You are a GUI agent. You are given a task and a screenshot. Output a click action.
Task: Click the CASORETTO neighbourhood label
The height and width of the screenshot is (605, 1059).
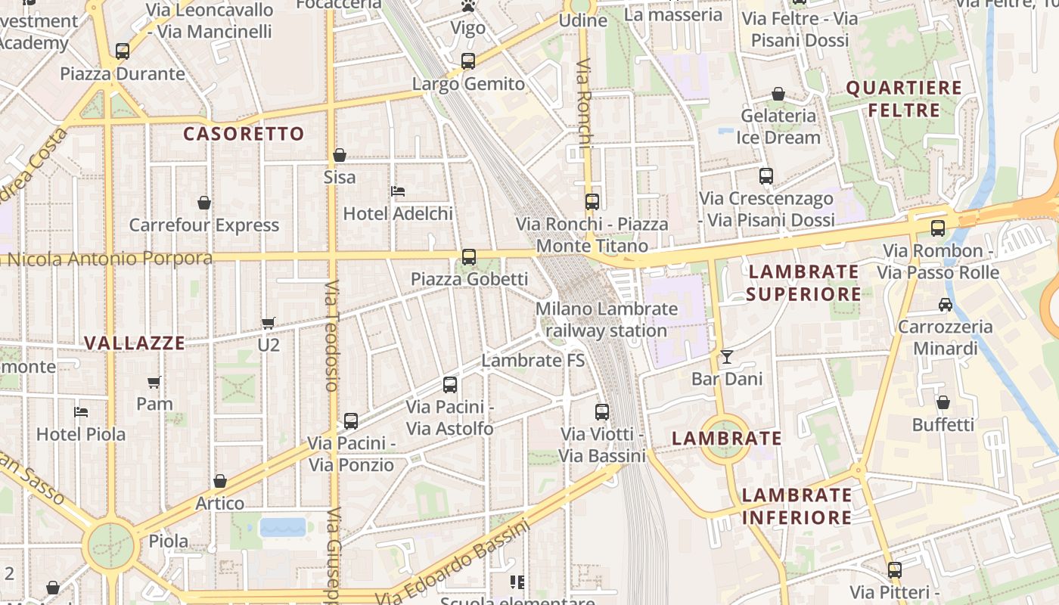[x=244, y=134]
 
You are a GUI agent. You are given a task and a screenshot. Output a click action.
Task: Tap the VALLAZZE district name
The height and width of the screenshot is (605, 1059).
[x=135, y=343]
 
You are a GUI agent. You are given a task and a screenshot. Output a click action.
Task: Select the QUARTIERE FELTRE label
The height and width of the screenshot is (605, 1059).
[x=904, y=99]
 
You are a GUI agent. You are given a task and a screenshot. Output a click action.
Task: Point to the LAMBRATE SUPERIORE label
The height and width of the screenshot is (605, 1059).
[x=803, y=282]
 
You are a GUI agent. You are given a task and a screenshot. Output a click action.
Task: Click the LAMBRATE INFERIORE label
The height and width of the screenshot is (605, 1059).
[x=797, y=506]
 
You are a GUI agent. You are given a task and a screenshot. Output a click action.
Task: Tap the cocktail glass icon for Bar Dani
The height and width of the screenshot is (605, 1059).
[x=727, y=356]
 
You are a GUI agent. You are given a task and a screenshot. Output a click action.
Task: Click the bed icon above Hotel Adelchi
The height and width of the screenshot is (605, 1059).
[x=398, y=191]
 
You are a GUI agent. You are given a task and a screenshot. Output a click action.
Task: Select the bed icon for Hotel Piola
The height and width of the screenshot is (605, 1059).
[x=81, y=412]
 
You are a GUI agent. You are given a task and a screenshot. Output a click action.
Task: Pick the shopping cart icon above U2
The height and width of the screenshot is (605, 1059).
[x=268, y=323]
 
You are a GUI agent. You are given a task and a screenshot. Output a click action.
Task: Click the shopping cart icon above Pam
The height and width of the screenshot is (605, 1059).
[x=154, y=382]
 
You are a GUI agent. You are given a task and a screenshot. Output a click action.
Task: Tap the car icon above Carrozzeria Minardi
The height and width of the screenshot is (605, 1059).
[x=945, y=305]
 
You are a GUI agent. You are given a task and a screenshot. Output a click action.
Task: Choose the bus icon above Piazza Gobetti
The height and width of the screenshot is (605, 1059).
[x=469, y=257]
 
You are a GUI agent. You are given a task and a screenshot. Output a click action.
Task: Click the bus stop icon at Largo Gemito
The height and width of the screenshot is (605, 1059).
[x=468, y=61]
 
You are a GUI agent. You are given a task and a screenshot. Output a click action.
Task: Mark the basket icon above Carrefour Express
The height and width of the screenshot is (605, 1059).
[x=204, y=203]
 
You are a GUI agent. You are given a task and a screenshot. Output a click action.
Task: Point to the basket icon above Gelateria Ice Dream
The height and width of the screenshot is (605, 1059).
[x=778, y=94]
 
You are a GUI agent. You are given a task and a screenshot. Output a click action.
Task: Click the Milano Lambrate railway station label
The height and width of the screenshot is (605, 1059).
[x=607, y=319]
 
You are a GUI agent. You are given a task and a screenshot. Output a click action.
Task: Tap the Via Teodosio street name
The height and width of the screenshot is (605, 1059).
[x=331, y=336]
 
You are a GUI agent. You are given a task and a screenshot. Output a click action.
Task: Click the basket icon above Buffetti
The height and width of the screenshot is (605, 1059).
[x=943, y=402]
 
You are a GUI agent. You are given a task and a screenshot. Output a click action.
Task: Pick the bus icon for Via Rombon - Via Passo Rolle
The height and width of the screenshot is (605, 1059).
[x=938, y=228]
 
